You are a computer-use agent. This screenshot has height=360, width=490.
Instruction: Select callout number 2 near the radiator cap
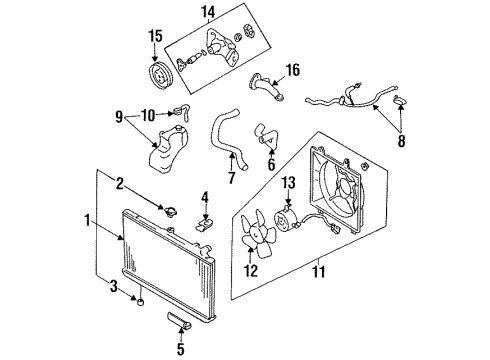[121, 183]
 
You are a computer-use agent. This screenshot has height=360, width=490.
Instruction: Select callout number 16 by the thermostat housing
[293, 69]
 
